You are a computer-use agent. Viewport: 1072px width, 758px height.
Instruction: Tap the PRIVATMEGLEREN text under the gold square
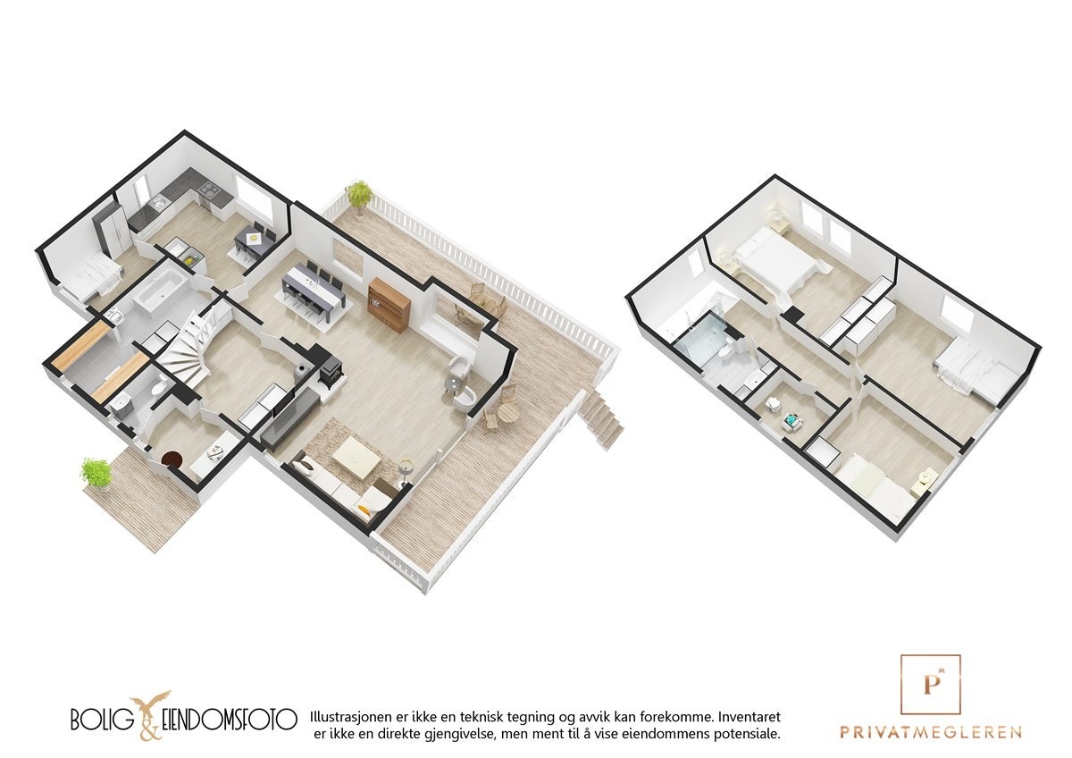click(x=930, y=732)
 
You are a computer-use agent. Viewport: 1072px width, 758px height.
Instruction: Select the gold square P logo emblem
click(x=930, y=685)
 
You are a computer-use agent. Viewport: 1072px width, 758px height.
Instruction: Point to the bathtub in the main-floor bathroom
click(x=161, y=292)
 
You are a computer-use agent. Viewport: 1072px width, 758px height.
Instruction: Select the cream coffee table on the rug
click(x=356, y=459)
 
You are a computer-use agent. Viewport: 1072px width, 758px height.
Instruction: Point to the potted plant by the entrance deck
click(x=96, y=473)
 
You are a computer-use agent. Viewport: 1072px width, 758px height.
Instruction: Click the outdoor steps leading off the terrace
click(x=601, y=421)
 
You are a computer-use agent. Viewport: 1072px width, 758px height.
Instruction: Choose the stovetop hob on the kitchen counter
click(x=208, y=189)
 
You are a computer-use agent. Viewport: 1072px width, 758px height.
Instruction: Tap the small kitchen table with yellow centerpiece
click(x=253, y=239)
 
